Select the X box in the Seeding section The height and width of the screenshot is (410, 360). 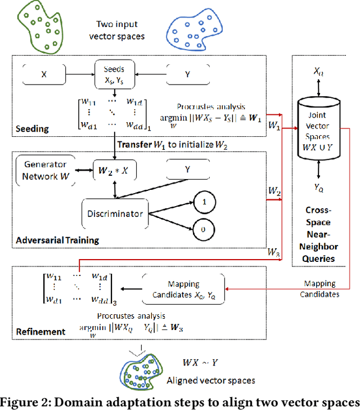43,73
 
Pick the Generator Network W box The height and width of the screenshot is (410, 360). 44,169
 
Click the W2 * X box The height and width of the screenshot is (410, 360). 115,169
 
